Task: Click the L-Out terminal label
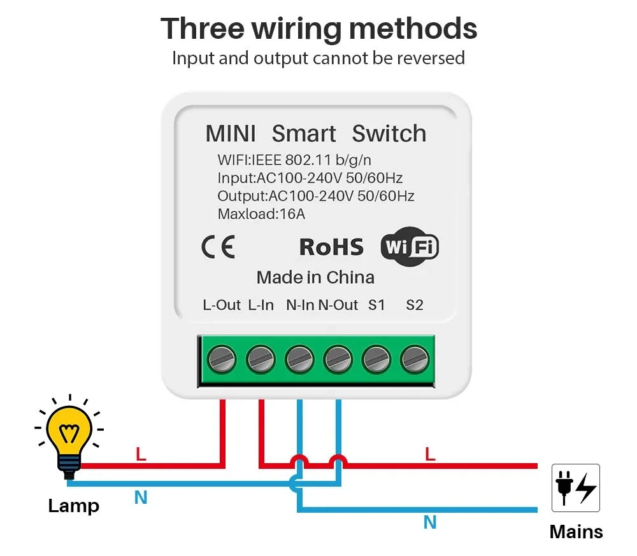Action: pos(222,305)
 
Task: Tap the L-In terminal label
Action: pos(261,305)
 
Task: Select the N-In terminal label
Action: pos(299,305)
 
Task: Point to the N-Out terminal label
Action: pos(338,305)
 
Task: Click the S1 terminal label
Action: pos(376,305)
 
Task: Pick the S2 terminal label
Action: pos(415,305)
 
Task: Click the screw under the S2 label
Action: pos(415,360)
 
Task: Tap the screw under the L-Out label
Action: pos(222,360)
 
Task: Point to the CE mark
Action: pos(218,247)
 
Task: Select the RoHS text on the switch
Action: pos(331,247)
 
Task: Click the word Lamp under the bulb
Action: pos(74,506)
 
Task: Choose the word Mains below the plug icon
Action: pos(576,531)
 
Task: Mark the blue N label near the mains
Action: pos(430,523)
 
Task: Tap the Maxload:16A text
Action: pos(261,214)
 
